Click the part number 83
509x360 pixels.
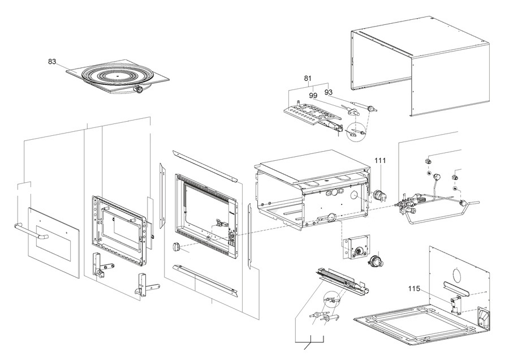[x=52, y=62]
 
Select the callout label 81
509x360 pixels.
[x=308, y=78]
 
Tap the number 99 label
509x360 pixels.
[x=313, y=96]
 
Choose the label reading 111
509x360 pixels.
[x=380, y=161]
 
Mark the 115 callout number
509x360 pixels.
[x=415, y=288]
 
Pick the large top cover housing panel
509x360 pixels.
[x=421, y=68]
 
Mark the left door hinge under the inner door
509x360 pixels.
[x=99, y=266]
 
